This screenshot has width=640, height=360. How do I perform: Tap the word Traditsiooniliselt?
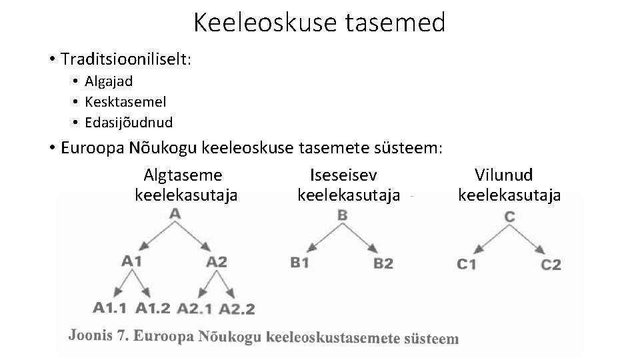tap(124, 59)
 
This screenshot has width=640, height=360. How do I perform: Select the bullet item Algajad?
tap(109, 81)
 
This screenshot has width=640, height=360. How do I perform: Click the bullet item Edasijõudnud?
tap(129, 123)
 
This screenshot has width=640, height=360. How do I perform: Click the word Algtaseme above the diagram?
tap(183, 175)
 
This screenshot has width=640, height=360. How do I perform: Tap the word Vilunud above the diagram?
tap(503, 175)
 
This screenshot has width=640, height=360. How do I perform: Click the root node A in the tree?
tap(175, 213)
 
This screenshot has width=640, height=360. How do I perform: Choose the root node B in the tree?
tap(342, 215)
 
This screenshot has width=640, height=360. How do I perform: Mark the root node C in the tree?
tap(509, 217)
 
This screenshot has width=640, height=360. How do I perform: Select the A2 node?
tap(217, 261)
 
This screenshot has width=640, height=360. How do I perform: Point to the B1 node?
tap(300, 263)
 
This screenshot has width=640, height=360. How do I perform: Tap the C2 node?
tap(551, 265)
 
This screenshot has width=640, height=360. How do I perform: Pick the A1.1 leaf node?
tap(110, 307)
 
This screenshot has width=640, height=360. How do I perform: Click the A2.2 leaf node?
tap(237, 309)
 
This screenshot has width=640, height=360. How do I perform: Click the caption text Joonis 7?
tap(97, 335)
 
